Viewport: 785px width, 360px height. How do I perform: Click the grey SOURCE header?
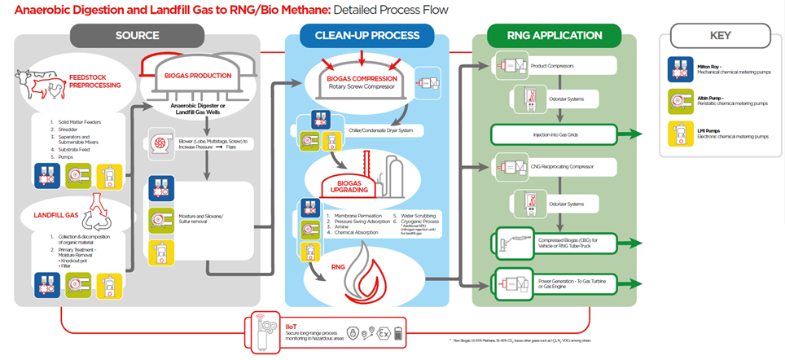pos(137,36)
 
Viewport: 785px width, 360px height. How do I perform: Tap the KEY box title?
pos(721,36)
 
